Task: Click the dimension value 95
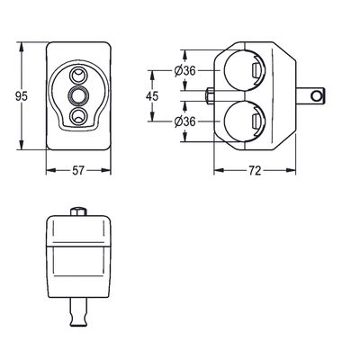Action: pyautogui.click(x=22, y=96)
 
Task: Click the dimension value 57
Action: pyautogui.click(x=78, y=171)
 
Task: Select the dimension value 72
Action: pyautogui.click(x=255, y=171)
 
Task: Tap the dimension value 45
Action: pyautogui.click(x=152, y=96)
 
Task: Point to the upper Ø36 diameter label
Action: pyautogui.click(x=184, y=71)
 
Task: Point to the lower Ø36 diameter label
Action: pyautogui.click(x=184, y=121)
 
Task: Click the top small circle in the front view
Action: pyautogui.click(x=78, y=76)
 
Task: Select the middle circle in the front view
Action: pyautogui.click(x=78, y=95)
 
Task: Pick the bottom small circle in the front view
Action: pyautogui.click(x=78, y=115)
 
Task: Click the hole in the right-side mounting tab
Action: pyautogui.click(x=316, y=96)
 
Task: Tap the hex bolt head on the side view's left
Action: pyautogui.click(x=210, y=96)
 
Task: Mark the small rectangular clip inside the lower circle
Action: pyautogui.click(x=256, y=122)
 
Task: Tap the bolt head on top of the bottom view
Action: pyautogui.click(x=78, y=211)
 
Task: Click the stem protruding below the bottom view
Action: pyautogui.click(x=78, y=312)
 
